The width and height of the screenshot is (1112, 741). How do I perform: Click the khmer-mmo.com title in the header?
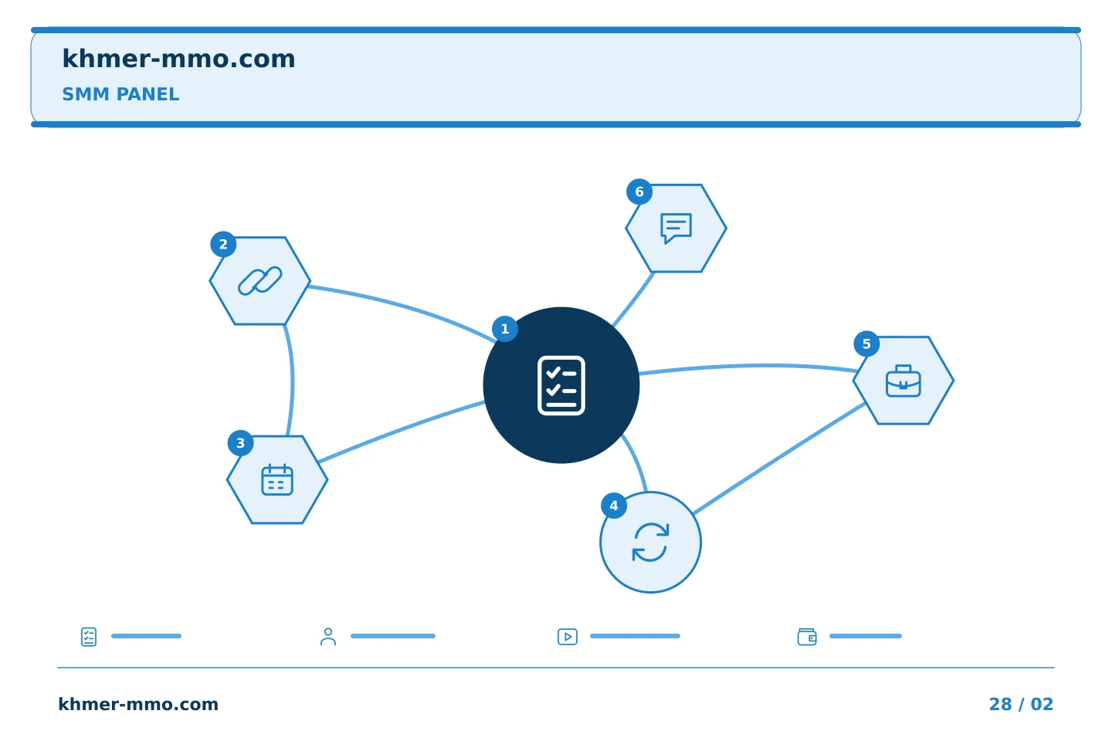[178, 59]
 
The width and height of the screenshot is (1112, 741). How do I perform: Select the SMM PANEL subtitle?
[120, 94]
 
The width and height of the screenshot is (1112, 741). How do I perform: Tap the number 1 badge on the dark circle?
[505, 329]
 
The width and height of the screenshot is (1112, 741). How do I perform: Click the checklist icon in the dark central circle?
[561, 385]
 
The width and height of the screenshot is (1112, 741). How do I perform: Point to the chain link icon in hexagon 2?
[259, 281]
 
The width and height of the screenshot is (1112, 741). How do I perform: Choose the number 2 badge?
[223, 244]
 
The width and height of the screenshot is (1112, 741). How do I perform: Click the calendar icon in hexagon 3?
[277, 479]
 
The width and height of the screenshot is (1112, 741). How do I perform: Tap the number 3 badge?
[241, 443]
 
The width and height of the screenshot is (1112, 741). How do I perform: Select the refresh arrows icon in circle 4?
[650, 542]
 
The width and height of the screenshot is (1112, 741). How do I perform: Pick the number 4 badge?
[614, 506]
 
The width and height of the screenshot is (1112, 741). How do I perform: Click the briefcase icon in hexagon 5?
[903, 381]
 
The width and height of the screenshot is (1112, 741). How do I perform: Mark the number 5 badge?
[866, 344]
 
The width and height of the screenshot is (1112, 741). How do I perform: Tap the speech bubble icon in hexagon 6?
[676, 228]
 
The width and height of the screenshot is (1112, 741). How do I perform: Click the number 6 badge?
[639, 191]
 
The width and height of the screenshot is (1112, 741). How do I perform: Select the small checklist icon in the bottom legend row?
[89, 637]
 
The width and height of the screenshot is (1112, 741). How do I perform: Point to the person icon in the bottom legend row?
[328, 637]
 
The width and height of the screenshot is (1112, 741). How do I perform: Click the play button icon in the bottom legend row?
[568, 637]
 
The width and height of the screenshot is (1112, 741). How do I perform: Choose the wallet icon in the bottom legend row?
[807, 637]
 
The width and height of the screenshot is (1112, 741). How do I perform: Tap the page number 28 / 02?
[1021, 704]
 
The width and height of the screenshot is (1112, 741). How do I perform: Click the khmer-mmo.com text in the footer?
[138, 704]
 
